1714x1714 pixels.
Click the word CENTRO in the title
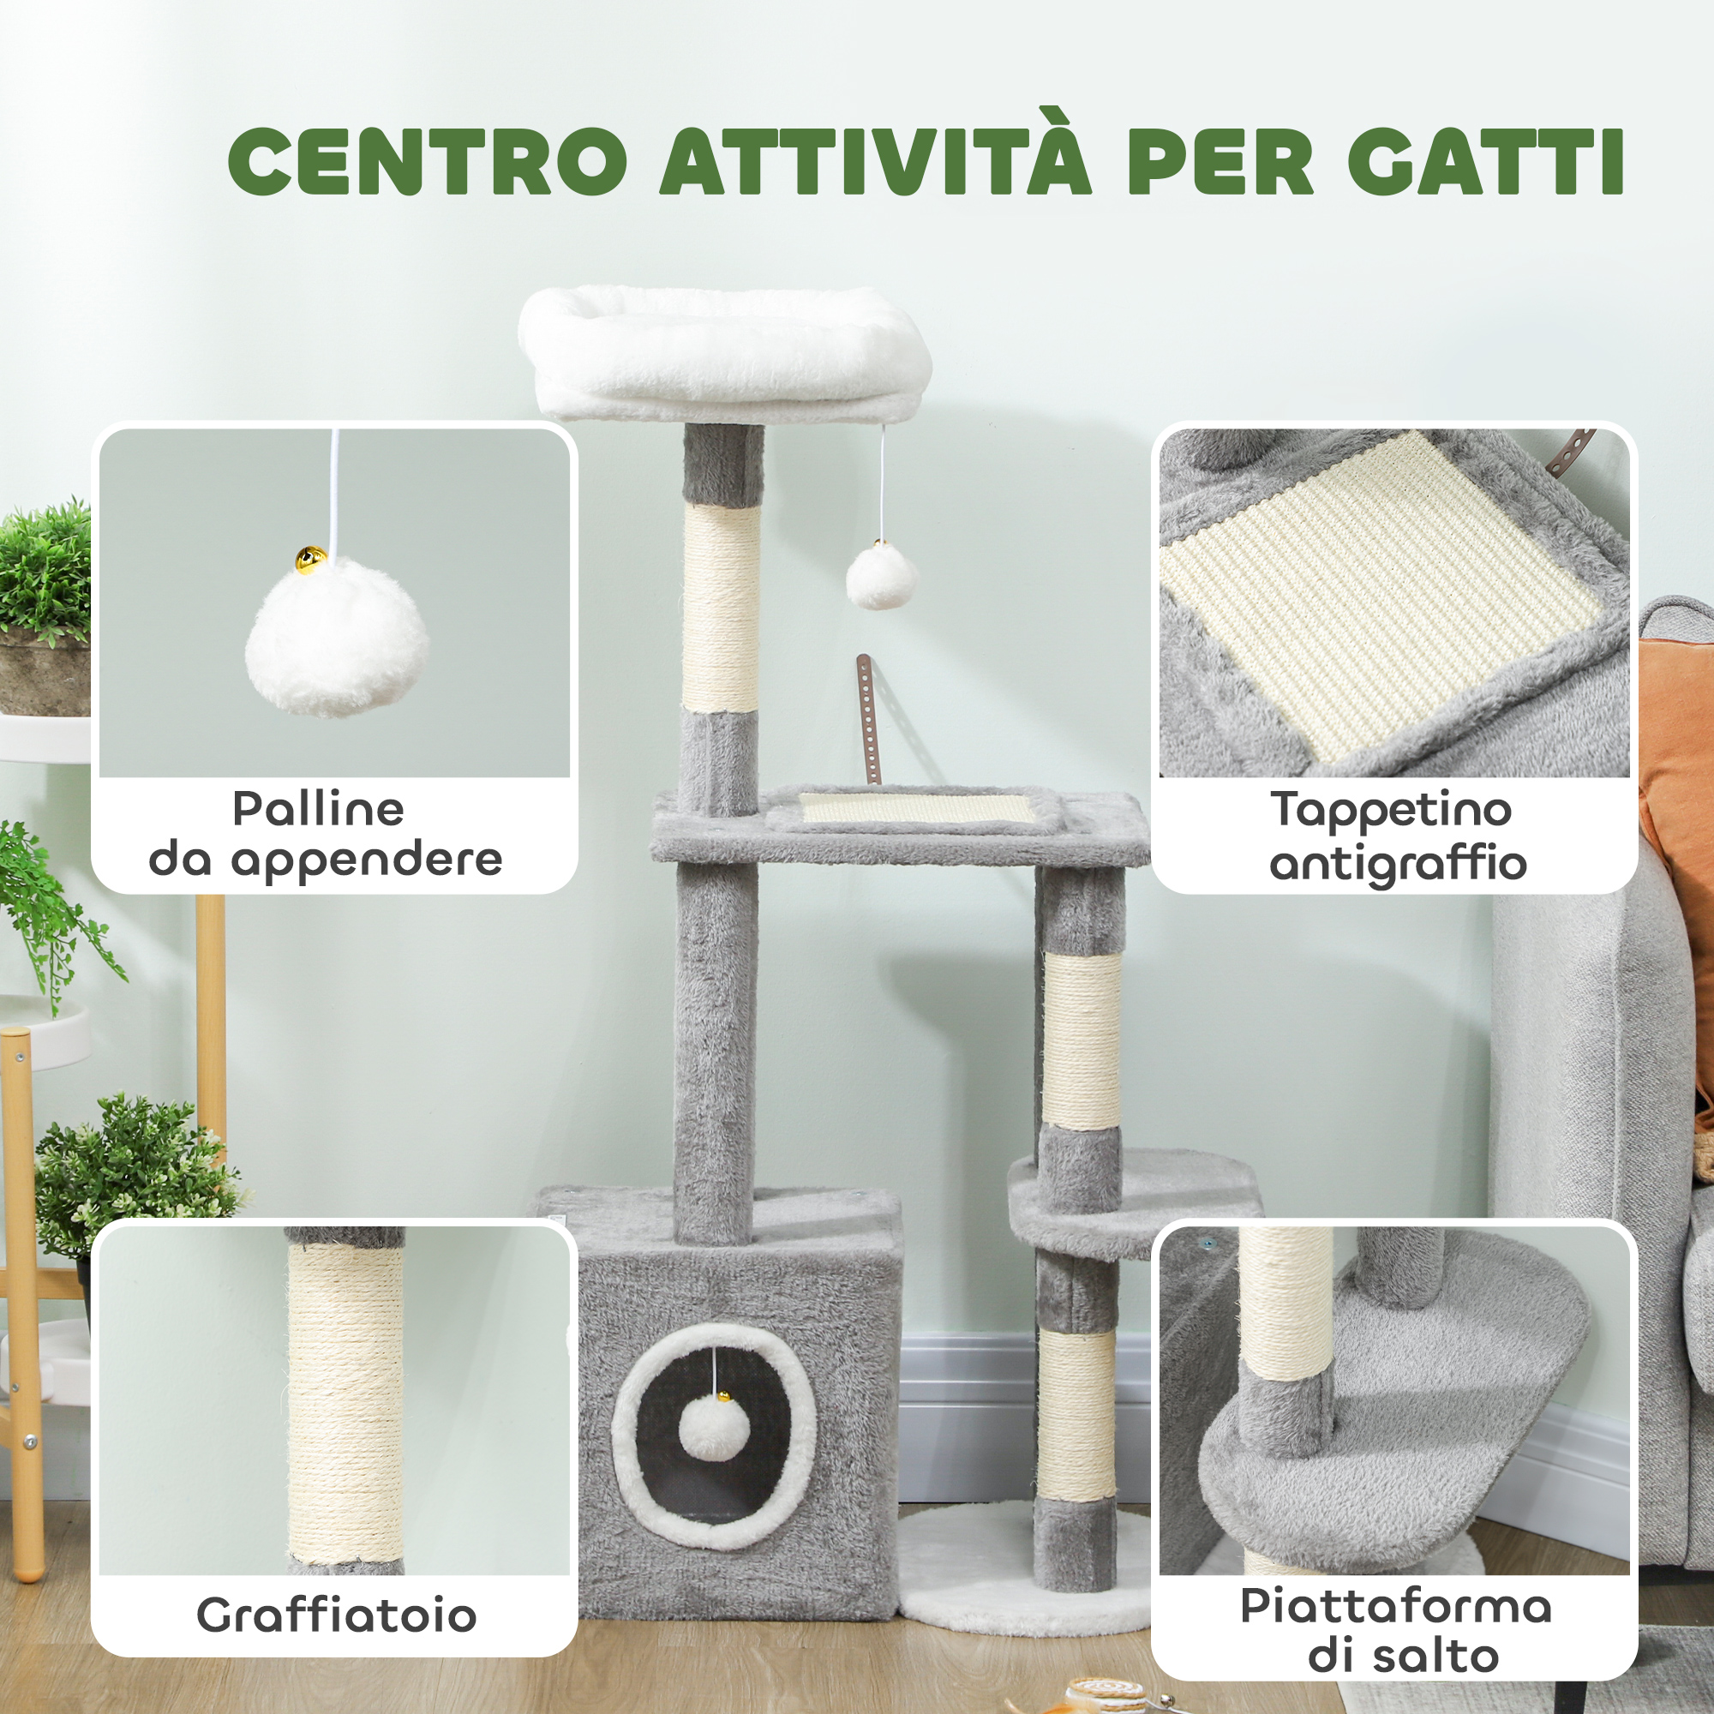428,161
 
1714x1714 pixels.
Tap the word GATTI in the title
1486,161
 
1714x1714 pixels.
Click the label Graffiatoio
336,1615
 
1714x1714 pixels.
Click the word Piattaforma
1396,1607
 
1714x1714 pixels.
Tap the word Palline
319,808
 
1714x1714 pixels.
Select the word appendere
367,861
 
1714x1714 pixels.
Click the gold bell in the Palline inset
310,560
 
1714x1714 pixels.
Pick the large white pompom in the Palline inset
337,637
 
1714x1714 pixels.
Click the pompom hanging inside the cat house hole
714,1429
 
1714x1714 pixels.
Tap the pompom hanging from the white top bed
880,576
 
